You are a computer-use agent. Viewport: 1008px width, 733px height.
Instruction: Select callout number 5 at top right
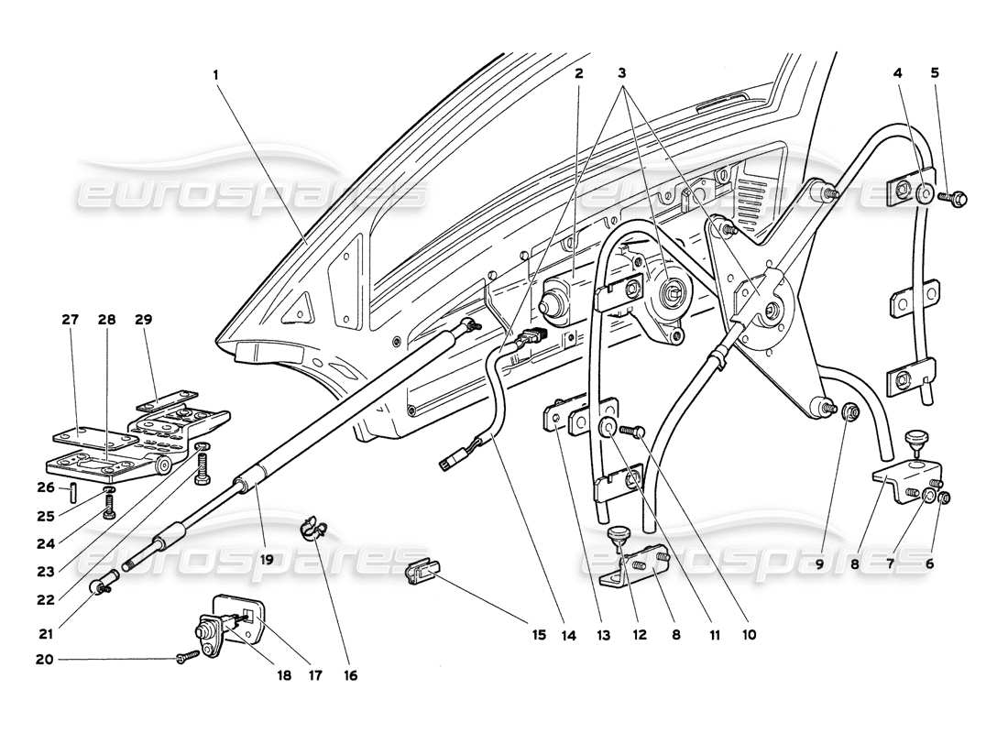[935, 72]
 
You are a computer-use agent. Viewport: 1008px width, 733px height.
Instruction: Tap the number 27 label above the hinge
[71, 320]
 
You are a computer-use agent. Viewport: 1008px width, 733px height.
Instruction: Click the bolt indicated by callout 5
[957, 196]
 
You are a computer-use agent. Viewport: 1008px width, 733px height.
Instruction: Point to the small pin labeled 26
[71, 488]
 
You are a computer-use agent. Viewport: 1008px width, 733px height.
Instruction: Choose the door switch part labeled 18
[206, 632]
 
